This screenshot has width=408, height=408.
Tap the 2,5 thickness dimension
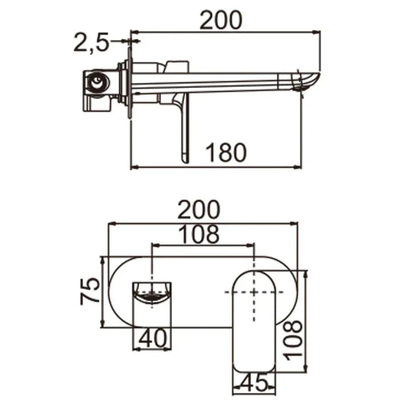(91, 43)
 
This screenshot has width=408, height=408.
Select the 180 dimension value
(226, 152)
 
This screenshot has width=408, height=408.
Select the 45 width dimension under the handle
(254, 382)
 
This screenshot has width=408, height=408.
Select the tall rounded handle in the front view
(254, 321)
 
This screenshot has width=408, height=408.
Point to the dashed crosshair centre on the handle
(254, 291)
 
